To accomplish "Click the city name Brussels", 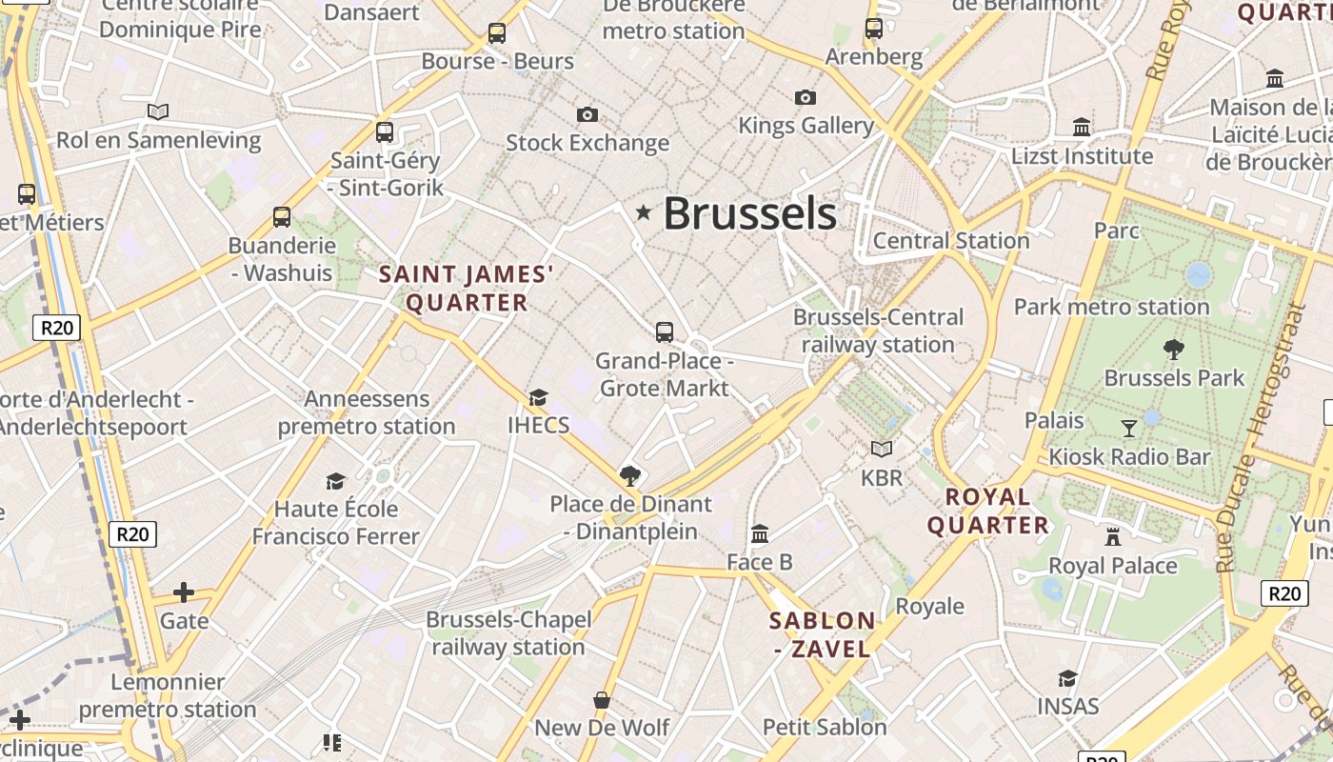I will (749, 213).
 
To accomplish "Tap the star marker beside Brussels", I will (644, 212).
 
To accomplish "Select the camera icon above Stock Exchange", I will (587, 115).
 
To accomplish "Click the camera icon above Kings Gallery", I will (805, 97).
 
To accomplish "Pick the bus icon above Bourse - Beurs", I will (496, 33).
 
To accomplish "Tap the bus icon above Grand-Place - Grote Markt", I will (665, 332).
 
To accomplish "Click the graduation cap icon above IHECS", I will (539, 397).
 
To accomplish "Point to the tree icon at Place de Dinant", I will (629, 475).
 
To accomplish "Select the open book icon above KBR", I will (882, 449).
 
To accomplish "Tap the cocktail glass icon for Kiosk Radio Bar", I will (1129, 429).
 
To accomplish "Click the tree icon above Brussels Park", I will (1174, 350).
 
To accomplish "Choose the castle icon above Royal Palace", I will (1112, 537).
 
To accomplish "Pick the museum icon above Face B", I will (760, 533).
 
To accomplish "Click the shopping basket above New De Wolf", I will (602, 701).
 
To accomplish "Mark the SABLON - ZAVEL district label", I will (822, 635).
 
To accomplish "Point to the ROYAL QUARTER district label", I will (988, 511).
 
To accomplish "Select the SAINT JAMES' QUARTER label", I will (467, 289).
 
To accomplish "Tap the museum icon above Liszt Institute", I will (1082, 127).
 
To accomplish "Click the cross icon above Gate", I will (184, 593).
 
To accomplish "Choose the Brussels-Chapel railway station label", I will (508, 633).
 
